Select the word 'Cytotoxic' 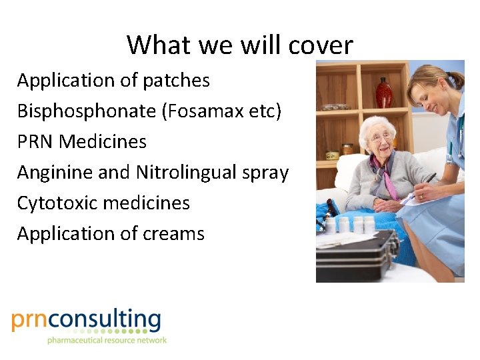coord(59,203)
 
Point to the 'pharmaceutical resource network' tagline coord(107,341)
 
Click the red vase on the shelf coord(384,93)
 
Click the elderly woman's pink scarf coord(387,177)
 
